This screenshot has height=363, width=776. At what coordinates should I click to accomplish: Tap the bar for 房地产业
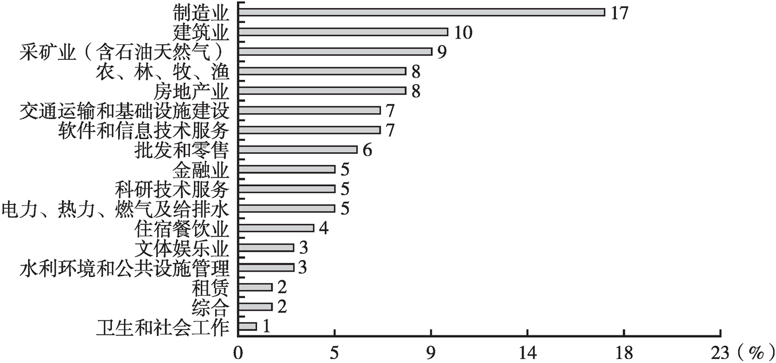[x=322, y=90]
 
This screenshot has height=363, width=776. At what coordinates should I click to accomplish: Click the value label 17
[x=620, y=13]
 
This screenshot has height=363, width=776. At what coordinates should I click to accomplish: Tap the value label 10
[x=463, y=32]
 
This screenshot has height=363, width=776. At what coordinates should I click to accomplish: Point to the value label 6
[x=368, y=150]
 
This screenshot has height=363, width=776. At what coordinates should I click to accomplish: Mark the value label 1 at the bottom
[x=266, y=326]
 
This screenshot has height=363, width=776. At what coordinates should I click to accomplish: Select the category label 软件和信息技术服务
[x=144, y=130]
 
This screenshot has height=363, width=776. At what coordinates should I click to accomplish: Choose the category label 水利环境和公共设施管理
[x=124, y=268]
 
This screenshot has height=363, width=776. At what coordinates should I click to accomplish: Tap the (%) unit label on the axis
[x=754, y=350]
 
